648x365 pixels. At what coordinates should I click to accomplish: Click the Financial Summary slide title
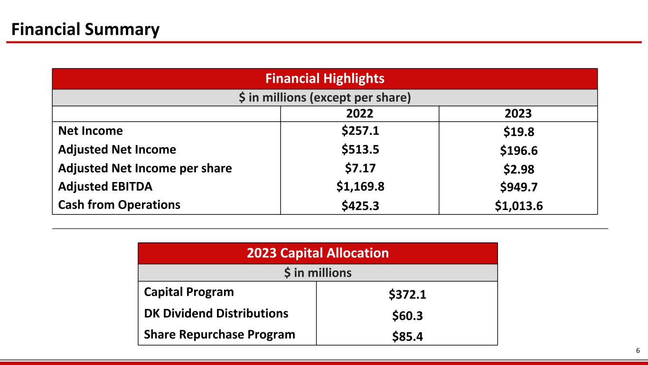pos(85,30)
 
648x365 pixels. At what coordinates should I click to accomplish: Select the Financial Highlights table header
pos(325,78)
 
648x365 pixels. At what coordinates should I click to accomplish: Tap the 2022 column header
pos(360,114)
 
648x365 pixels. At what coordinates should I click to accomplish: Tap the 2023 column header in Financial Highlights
pos(518,114)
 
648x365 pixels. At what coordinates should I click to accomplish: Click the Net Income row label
pos(90,131)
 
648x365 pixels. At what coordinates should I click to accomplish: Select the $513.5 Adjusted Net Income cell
pos(360,149)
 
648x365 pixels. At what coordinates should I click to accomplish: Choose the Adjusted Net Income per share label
pos(145,168)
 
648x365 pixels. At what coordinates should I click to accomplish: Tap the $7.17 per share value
pos(360,168)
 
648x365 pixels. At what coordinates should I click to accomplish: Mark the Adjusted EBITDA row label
pos(105,186)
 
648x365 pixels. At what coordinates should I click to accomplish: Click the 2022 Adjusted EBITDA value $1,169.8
pos(360,186)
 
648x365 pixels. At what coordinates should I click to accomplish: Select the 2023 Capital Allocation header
pos(318,253)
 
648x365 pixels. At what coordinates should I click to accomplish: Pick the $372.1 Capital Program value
pos(407,295)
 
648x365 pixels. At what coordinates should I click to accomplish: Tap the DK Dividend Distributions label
pos(216,313)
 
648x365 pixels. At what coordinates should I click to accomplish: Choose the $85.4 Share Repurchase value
pos(407,336)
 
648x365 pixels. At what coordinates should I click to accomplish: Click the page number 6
pos(638,351)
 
